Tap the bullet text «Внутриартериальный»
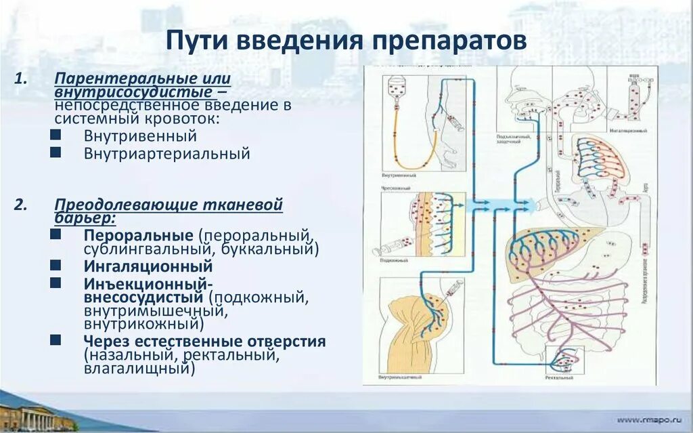166,154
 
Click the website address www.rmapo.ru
646,419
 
